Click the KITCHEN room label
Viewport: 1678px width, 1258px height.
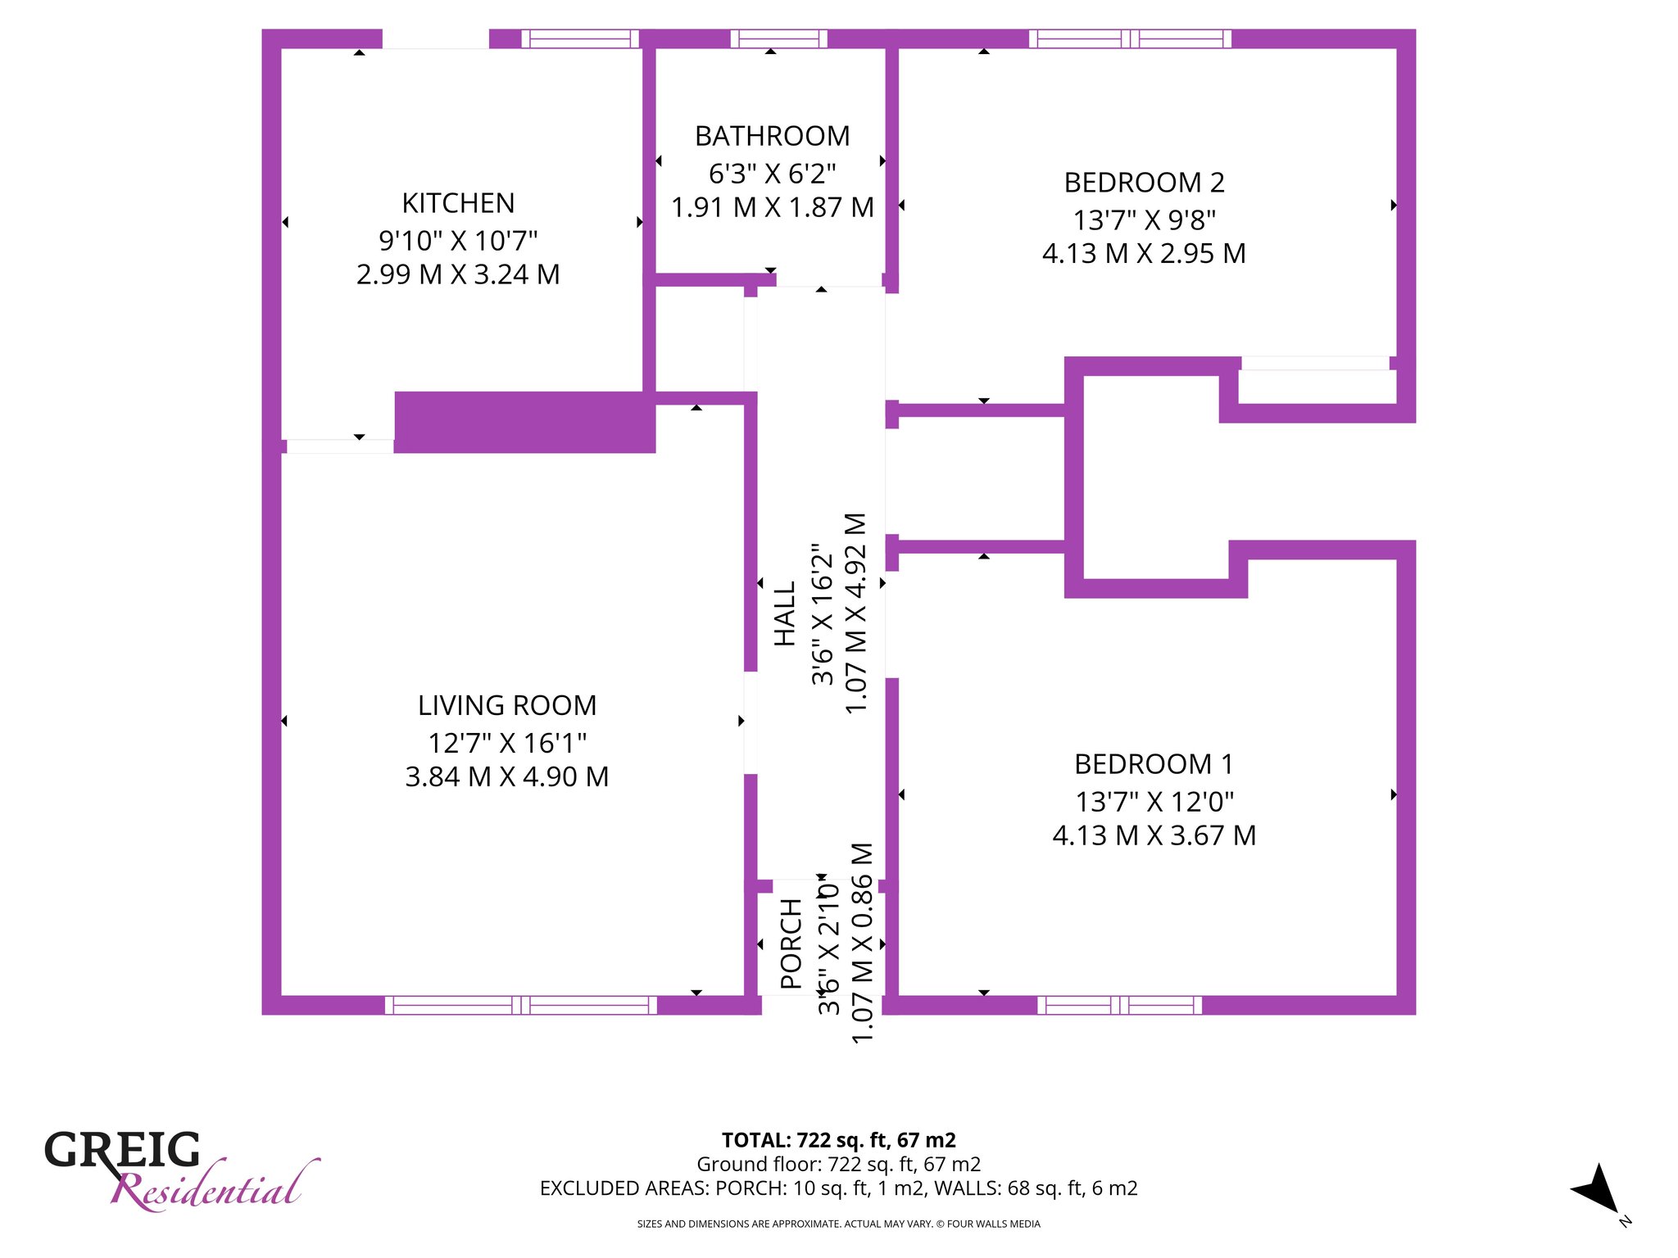458,203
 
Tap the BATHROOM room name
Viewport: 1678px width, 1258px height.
772,136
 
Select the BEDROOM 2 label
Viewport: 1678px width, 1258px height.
1144,183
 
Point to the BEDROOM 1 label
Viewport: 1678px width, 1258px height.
1154,764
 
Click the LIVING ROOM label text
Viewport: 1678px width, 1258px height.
507,705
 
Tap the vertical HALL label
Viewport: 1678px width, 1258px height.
785,613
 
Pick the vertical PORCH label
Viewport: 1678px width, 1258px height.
791,943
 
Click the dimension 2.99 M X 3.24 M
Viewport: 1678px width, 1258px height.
458,274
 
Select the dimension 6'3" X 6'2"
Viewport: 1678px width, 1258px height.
772,174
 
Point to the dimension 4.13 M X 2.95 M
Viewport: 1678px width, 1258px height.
1144,254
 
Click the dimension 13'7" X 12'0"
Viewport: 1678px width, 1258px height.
1154,802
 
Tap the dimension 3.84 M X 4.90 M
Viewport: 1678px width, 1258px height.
507,776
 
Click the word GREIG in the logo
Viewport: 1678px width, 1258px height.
122,1150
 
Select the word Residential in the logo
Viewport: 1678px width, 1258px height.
215,1186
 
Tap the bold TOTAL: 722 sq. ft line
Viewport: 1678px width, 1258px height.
839,1140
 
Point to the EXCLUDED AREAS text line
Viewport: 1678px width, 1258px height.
839,1188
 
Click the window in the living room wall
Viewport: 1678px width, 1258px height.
521,1005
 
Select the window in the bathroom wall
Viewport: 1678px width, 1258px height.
778,38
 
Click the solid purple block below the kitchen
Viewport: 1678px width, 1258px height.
525,422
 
